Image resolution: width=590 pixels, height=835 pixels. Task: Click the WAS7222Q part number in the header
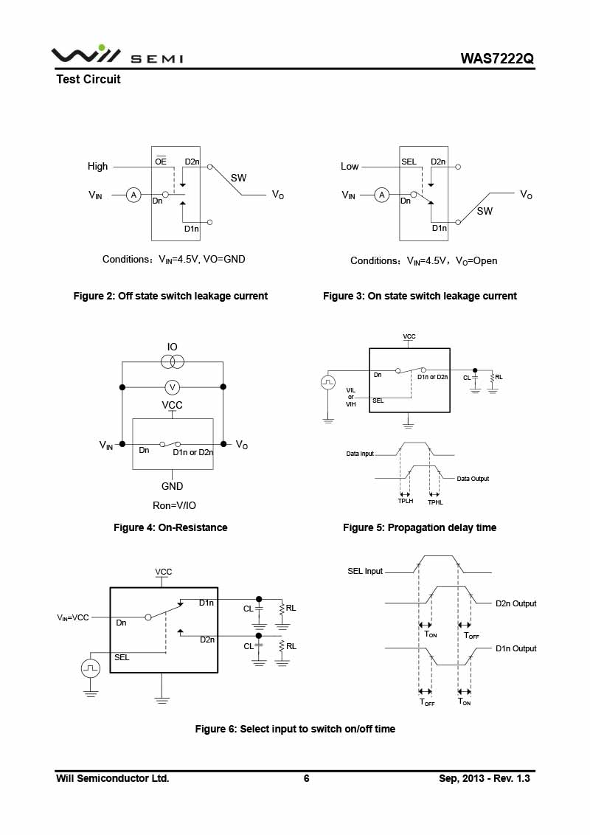point(497,58)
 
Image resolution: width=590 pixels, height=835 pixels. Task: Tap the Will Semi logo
point(117,55)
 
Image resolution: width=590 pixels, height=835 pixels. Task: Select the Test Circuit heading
point(88,80)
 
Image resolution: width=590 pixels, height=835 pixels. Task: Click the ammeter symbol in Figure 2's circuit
point(133,195)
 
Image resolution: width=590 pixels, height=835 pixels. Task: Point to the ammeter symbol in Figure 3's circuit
point(381,195)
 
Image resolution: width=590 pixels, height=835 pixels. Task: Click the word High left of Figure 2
point(97,166)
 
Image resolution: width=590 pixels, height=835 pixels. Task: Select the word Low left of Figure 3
point(350,166)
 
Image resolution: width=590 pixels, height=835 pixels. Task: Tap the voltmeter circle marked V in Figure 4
point(172,387)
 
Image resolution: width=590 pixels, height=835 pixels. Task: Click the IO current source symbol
point(172,362)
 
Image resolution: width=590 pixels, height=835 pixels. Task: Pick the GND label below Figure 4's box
point(172,486)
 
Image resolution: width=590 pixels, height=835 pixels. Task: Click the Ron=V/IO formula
point(174,505)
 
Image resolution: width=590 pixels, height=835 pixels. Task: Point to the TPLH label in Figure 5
point(406,501)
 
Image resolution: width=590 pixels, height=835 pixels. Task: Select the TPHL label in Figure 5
point(435,502)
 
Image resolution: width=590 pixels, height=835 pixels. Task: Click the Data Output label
point(473,479)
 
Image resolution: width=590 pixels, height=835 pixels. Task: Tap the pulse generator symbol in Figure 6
point(91,668)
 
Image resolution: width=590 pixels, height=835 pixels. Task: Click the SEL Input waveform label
point(365,571)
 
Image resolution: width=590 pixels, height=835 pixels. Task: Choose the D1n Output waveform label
point(516,648)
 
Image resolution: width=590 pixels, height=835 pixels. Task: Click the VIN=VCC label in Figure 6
point(73,617)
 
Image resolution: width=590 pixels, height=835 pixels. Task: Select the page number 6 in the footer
point(306,778)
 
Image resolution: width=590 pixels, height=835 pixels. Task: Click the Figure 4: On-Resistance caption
point(170,527)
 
